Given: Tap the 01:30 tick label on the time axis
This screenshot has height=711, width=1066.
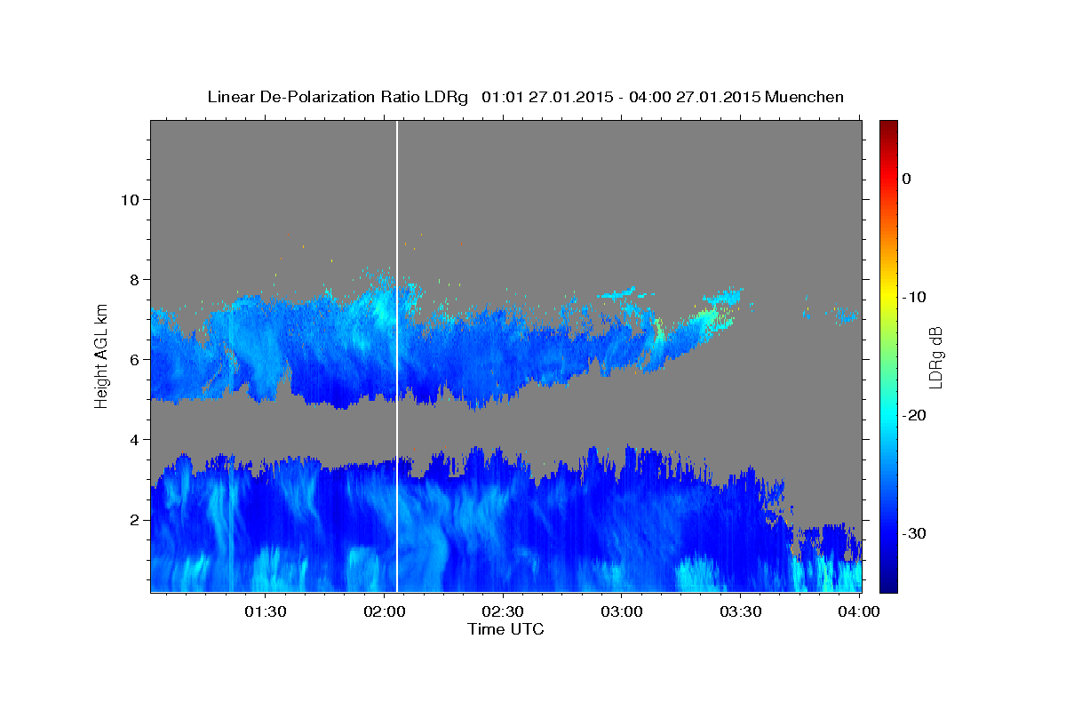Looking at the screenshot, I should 265,612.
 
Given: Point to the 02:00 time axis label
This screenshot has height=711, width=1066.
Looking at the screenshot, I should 384,612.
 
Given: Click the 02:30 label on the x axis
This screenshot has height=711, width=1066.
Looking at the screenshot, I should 503,612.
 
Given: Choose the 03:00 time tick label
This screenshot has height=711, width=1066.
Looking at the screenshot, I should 622,612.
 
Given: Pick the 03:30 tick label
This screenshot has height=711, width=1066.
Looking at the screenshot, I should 741,612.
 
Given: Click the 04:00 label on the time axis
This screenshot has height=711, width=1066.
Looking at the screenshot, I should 859,612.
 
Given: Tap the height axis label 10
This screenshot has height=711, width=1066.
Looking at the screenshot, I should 129,199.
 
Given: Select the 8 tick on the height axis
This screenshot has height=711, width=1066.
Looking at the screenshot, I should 134,279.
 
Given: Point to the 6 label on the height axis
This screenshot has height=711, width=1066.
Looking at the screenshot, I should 134,359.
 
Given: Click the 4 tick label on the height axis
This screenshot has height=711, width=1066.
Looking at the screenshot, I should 134,439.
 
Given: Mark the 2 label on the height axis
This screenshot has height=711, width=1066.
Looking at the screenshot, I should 134,519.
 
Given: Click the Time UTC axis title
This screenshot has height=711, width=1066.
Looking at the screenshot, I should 505,629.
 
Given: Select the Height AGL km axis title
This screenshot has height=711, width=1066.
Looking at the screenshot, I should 101,355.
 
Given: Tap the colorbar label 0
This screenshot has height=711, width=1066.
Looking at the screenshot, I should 906,179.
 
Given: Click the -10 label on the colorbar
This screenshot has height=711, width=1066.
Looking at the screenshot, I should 914,297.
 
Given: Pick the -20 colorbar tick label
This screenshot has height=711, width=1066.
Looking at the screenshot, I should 914,415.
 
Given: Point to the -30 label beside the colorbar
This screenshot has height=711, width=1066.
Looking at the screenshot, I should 914,533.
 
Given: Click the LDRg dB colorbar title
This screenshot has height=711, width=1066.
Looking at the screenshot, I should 935,355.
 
